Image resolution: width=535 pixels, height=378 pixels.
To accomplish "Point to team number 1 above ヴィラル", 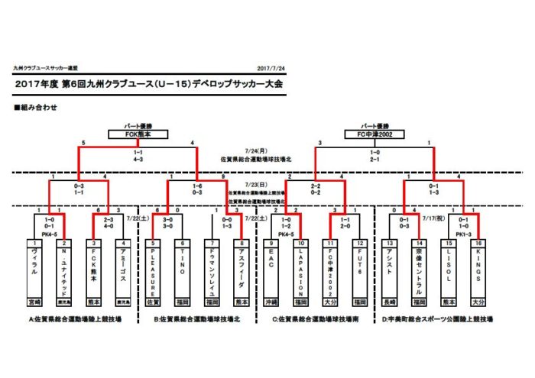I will [34, 243].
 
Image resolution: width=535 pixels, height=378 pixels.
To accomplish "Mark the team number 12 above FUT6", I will [360, 243].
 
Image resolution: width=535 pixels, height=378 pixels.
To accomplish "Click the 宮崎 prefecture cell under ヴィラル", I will [34, 301].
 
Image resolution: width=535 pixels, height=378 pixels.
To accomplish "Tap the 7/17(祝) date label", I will [434, 217].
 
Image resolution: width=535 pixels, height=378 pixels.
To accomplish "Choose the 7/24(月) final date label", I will [255, 151].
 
